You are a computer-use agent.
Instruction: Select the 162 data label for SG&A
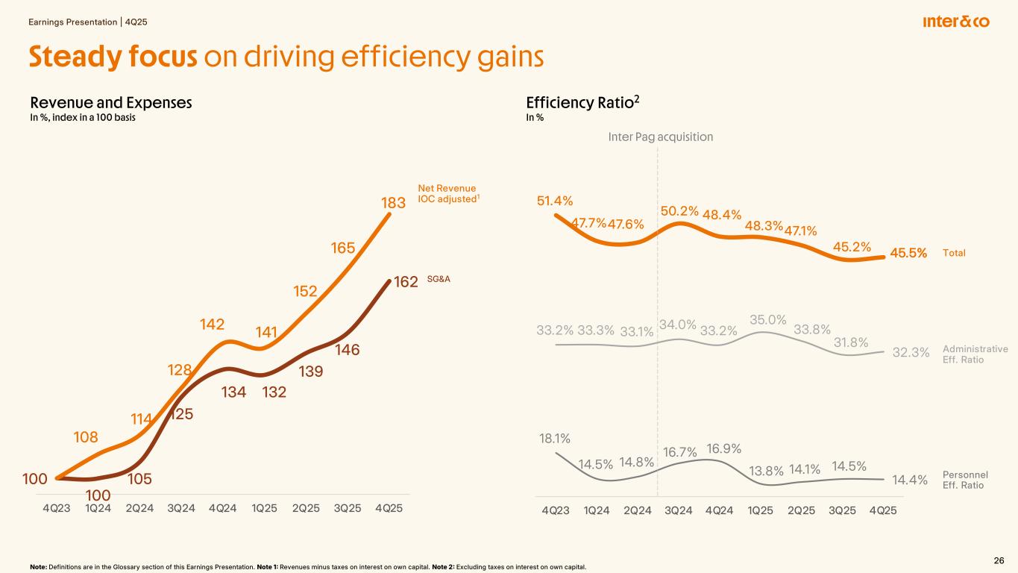(406, 282)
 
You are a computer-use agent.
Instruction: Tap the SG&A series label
(439, 279)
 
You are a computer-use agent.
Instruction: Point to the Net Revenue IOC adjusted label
(447, 194)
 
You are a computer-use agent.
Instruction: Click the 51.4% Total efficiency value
(555, 201)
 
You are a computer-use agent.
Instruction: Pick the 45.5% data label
(908, 253)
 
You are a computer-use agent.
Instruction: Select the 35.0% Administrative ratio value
(768, 320)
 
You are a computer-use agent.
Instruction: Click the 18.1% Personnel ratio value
(554, 438)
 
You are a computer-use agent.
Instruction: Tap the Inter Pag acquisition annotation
(661, 137)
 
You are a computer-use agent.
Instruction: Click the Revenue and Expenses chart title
(111, 104)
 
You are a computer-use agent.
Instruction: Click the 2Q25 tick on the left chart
(306, 509)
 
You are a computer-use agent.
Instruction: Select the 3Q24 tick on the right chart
(678, 510)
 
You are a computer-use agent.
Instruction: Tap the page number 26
(999, 560)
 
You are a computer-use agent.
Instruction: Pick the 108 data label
(86, 437)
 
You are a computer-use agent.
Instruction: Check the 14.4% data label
(910, 480)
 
